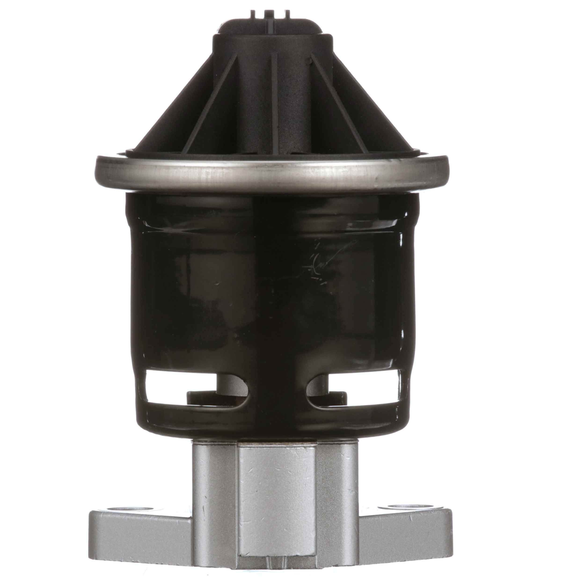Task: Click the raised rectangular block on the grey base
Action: [x=277, y=497]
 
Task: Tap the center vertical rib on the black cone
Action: [x=274, y=100]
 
